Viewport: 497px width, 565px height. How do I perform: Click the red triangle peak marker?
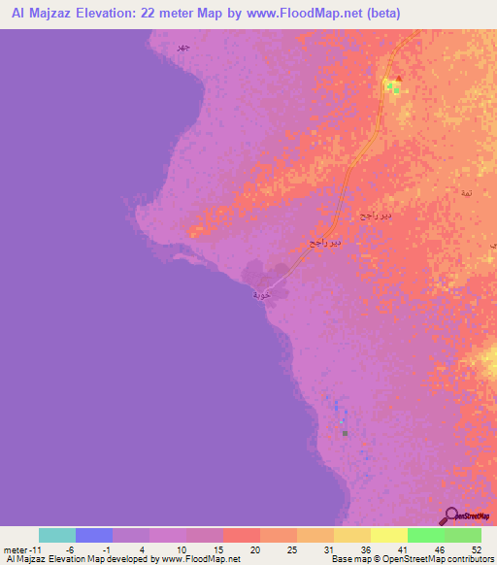(x=398, y=80)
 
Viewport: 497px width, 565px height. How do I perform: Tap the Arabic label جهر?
(x=182, y=47)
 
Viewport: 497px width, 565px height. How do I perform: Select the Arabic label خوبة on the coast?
(x=259, y=293)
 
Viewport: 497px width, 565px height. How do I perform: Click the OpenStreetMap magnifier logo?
(x=451, y=515)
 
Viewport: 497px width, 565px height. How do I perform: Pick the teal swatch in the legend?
(x=57, y=535)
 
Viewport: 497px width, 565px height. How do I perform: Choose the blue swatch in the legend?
(x=94, y=535)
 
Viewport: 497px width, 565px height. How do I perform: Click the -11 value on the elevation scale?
(x=31, y=548)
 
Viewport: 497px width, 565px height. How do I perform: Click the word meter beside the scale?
(x=13, y=548)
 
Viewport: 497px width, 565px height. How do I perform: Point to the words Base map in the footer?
(x=344, y=559)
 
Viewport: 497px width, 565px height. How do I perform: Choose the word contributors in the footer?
(x=471, y=559)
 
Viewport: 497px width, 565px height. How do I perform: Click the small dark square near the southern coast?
(x=345, y=434)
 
